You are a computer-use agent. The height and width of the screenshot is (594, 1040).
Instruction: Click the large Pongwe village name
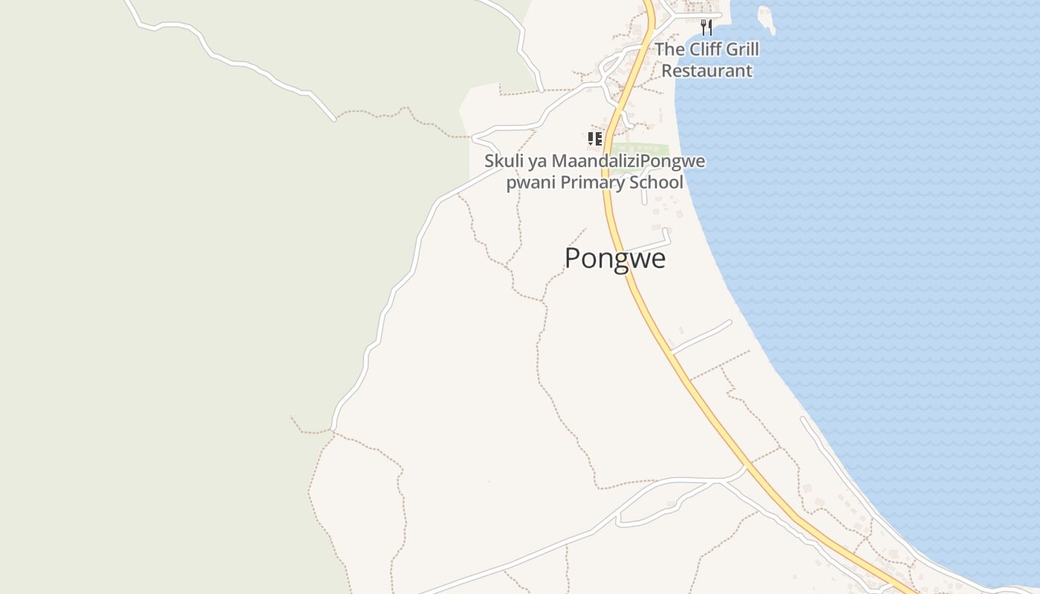click(615, 258)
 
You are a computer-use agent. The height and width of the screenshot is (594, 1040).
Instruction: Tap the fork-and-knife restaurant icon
click(706, 28)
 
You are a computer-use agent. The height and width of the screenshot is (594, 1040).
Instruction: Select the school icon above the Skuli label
click(594, 139)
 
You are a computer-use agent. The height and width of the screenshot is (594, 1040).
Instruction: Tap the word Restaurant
click(706, 71)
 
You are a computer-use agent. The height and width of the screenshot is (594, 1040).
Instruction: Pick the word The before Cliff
click(669, 50)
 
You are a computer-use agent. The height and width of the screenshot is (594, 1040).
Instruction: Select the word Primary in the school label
click(594, 183)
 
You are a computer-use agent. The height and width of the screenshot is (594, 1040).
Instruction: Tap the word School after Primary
click(656, 183)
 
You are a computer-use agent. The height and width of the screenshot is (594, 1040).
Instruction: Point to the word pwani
click(530, 183)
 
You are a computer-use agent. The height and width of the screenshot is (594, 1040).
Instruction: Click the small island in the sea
click(766, 18)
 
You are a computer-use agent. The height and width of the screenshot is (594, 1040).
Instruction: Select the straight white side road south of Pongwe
click(701, 336)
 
